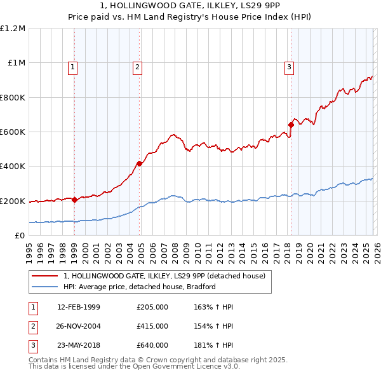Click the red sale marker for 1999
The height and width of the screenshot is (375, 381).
click(x=74, y=200)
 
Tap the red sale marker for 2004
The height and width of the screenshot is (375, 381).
click(x=139, y=164)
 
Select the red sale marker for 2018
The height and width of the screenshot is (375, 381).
click(x=291, y=125)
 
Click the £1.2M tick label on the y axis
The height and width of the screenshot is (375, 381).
click(x=13, y=29)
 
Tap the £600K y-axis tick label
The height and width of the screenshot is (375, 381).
click(x=13, y=132)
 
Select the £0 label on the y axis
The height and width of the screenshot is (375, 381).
click(x=19, y=236)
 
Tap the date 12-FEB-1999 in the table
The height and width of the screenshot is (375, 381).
click(x=79, y=307)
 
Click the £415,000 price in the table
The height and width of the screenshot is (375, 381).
click(x=152, y=326)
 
